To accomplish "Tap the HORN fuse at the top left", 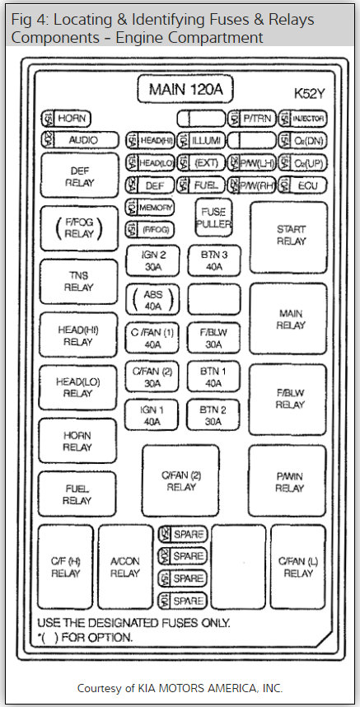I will (66, 119).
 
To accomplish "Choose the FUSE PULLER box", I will (213, 218).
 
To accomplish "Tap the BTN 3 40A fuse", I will (213, 261).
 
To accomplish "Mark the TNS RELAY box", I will (79, 282).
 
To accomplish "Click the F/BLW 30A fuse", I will (213, 338).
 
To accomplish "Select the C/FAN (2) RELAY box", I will (180, 481).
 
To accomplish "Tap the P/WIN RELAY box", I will (288, 481).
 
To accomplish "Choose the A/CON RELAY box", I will (125, 567).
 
